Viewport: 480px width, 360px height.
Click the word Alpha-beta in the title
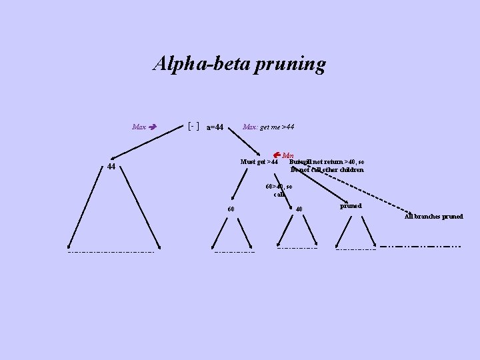tap(195, 64)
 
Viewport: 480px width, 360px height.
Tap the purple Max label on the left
tap(139, 127)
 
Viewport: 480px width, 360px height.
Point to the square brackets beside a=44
tap(194, 125)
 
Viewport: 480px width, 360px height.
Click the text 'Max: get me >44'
tap(269, 127)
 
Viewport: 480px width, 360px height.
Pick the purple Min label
tap(288, 155)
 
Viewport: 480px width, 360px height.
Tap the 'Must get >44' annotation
tap(259, 162)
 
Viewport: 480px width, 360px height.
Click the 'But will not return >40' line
tap(327, 162)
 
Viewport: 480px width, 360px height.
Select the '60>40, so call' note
tap(279, 190)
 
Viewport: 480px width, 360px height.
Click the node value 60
tap(231, 209)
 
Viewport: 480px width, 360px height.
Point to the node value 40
tap(299, 209)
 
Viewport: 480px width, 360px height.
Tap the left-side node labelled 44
tap(111, 167)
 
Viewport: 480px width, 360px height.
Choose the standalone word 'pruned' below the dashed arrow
tap(351, 206)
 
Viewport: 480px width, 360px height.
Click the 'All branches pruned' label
tap(433, 217)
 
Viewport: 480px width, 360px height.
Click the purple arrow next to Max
tap(153, 126)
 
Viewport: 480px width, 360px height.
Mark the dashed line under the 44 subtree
tap(110, 252)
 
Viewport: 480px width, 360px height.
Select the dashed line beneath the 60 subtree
tap(235, 252)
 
